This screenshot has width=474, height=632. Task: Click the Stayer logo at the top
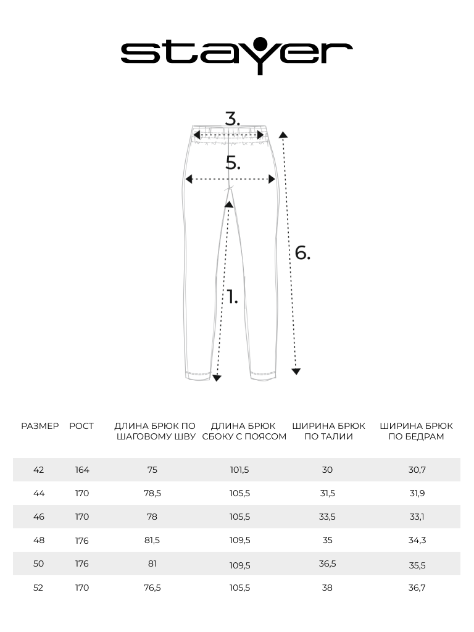(236, 54)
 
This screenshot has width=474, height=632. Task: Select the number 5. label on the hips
(233, 163)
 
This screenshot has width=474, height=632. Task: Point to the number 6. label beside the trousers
(302, 252)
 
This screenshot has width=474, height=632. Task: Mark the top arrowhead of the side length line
(283, 133)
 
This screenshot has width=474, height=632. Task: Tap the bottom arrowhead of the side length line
(296, 371)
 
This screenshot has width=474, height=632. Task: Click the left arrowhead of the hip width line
(189, 180)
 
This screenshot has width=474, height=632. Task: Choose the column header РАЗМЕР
(39, 426)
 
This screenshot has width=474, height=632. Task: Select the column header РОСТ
(81, 426)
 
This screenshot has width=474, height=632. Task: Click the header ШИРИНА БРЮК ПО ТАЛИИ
(328, 431)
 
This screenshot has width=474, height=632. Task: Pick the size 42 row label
(39, 470)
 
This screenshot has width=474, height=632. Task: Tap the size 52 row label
(39, 588)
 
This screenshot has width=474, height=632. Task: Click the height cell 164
(82, 470)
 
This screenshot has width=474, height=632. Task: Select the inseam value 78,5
(152, 493)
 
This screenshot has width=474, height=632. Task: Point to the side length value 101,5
(239, 470)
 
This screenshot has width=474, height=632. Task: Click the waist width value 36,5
(327, 564)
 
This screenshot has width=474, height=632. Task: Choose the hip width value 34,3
(417, 540)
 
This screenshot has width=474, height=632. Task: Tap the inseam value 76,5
(152, 588)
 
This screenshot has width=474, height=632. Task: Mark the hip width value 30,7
(417, 470)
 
